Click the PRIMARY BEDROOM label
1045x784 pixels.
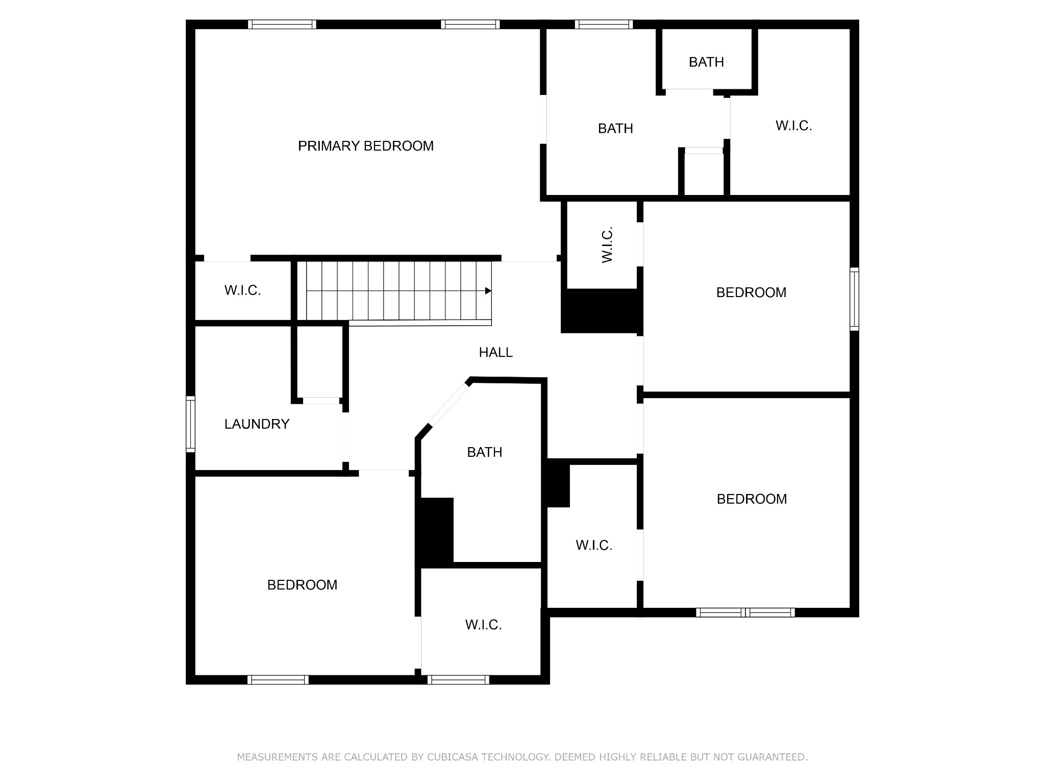[365, 146]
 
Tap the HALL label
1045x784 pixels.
[495, 352]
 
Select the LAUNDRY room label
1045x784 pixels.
[257, 424]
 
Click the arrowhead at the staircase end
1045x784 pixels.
[488, 291]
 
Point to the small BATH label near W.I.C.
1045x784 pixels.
[706, 62]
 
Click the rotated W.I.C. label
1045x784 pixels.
[607, 245]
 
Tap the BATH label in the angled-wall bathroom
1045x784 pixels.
[484, 452]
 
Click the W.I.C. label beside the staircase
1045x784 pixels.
[242, 290]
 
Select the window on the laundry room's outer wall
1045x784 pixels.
[190, 424]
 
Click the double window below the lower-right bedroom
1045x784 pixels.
[745, 612]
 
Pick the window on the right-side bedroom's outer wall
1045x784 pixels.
[854, 299]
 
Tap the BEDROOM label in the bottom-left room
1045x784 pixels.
[302, 585]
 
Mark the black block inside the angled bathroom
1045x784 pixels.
[435, 531]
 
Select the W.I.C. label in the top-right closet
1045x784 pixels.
[793, 126]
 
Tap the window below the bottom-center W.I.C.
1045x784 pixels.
[458, 680]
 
